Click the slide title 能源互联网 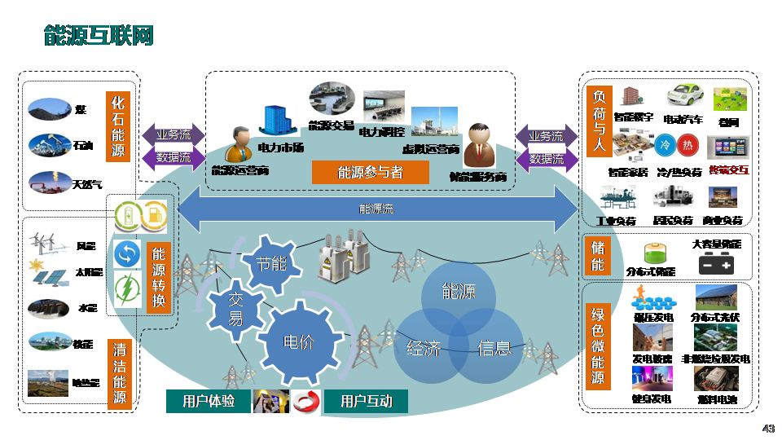99,37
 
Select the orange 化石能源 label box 118,127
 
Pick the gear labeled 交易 235,310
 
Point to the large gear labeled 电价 298,341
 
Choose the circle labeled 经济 422,350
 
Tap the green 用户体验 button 209,401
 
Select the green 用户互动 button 366,401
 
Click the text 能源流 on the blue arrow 376,209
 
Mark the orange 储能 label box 598,257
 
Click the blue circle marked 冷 664,146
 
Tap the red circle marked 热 688,146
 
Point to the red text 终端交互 728,171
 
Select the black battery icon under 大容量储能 716,265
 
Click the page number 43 767,429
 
